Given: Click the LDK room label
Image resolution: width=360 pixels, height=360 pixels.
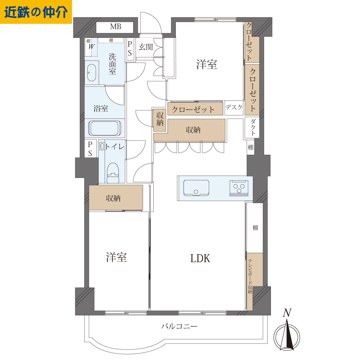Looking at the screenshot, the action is (200, 259).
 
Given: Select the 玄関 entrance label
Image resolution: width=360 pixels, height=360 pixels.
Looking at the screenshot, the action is (146, 47).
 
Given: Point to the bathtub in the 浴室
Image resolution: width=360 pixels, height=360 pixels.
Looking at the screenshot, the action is (104, 128).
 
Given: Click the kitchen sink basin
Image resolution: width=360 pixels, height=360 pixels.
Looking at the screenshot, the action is (196, 188).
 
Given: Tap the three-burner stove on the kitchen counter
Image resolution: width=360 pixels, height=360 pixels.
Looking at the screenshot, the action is (239, 188).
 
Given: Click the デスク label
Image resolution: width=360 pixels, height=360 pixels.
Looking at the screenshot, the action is (234, 107).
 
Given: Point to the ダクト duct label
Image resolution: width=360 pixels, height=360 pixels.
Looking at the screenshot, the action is (252, 127).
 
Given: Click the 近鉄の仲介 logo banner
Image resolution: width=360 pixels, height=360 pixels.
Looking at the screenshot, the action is (36, 12).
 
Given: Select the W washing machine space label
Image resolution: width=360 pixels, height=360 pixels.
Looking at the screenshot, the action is (91, 46).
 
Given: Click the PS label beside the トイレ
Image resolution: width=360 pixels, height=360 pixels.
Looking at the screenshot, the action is (90, 149).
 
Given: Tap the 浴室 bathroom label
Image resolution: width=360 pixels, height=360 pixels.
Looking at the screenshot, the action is (101, 109).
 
